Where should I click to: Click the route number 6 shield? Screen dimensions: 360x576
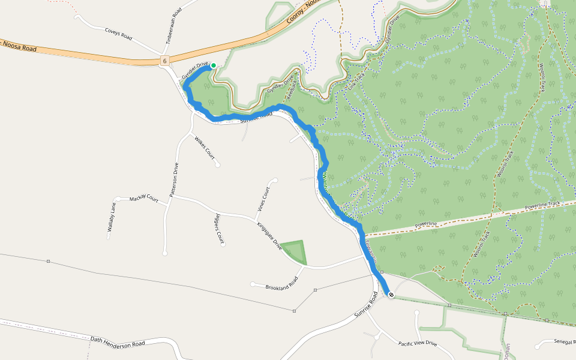pyautogui.click(x=164, y=61)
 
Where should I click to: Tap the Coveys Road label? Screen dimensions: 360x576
pyautogui.click(x=118, y=34)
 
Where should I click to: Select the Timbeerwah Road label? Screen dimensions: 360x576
pyautogui.click(x=173, y=26)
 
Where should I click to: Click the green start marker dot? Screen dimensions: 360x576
pyautogui.click(x=213, y=65)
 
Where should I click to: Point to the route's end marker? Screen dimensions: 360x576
pyautogui.click(x=391, y=295)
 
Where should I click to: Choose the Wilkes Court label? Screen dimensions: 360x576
pyautogui.click(x=205, y=147)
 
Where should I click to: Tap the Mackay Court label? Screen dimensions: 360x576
pyautogui.click(x=143, y=199)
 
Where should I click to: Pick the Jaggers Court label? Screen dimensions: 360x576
pyautogui.click(x=219, y=226)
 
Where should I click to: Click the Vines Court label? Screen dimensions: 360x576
pyautogui.click(x=263, y=199)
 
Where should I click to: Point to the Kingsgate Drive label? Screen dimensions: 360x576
pyautogui.click(x=269, y=235)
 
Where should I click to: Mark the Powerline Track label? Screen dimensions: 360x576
pyautogui.click(x=543, y=205)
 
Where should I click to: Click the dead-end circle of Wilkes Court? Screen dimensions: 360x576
pyautogui.click(x=218, y=164)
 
